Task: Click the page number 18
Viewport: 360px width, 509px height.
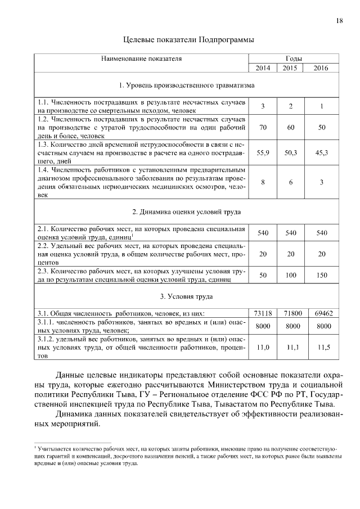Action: point(339,21)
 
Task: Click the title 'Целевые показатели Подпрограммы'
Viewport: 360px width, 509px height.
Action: point(188,40)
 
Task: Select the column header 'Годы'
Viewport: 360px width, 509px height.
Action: point(293,58)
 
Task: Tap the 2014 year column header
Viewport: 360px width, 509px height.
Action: point(263,68)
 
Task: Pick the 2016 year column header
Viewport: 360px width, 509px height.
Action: point(321,68)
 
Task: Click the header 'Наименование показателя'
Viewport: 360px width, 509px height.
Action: point(141,58)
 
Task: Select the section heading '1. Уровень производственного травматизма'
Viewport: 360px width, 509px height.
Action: point(187,85)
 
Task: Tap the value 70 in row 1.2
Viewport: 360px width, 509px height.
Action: point(263,128)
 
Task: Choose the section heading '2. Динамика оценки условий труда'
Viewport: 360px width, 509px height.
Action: point(187,212)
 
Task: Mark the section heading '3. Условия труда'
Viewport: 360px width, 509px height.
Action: point(187,296)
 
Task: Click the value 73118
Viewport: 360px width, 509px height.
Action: point(263,313)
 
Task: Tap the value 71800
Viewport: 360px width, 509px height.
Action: point(291,313)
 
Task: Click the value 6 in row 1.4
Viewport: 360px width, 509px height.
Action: point(291,181)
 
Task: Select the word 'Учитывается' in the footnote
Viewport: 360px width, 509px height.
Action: point(54,450)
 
